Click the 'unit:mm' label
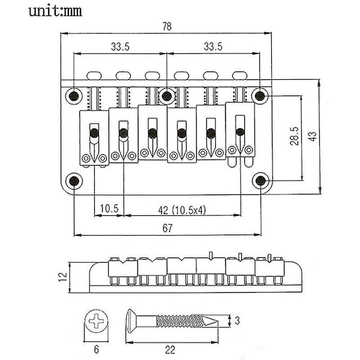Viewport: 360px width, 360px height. pyautogui.click(x=55, y=11)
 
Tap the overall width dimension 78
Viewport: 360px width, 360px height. pyautogui.click(x=167, y=26)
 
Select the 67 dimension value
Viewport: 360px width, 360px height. pyautogui.click(x=167, y=228)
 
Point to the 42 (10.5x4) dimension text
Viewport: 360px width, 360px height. pyautogui.click(x=182, y=210)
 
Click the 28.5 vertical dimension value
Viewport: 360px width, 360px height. pyautogui.click(x=294, y=136)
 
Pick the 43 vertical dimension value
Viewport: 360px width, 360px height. pyautogui.click(x=313, y=136)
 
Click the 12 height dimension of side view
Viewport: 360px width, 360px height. pyautogui.click(x=63, y=277)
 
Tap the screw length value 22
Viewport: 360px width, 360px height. pyautogui.click(x=170, y=350)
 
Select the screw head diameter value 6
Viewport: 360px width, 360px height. pyautogui.click(x=96, y=350)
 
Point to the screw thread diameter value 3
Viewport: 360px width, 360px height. pyautogui.click(x=237, y=320)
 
